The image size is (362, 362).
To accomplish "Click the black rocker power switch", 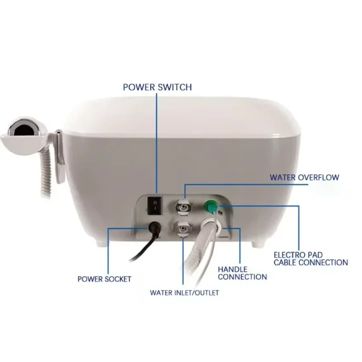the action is (x=155, y=206).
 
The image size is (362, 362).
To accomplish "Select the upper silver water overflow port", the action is (x=183, y=206).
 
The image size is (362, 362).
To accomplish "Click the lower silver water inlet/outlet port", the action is (x=183, y=229).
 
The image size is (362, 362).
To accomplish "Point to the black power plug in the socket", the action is (x=154, y=227).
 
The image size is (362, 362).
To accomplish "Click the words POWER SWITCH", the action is (x=157, y=87).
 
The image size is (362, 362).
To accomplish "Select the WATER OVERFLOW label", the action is (x=305, y=177).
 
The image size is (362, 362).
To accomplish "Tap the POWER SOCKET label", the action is (x=105, y=279).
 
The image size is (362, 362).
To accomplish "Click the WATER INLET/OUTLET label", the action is (x=184, y=293).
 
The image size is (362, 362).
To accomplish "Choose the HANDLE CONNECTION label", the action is (x=243, y=273).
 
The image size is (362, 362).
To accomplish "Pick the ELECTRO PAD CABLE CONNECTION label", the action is (x=311, y=259).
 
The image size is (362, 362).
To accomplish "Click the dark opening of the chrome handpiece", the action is (x=24, y=130).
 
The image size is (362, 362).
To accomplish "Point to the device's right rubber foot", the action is (x=257, y=244).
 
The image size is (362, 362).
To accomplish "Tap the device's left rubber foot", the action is (x=101, y=243).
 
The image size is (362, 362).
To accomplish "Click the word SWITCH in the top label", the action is (x=175, y=87).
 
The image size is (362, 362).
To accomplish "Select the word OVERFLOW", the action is (x=319, y=177).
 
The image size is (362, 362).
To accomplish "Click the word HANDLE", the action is (x=233, y=269).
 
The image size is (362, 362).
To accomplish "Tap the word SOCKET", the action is (x=118, y=279).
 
